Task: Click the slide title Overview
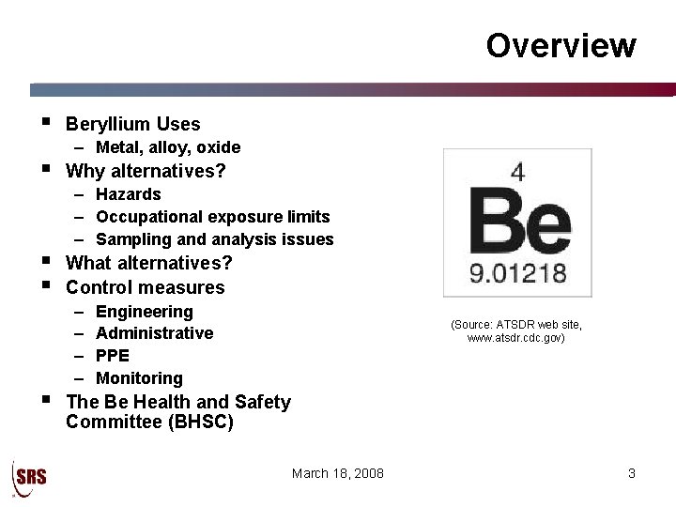coord(561,45)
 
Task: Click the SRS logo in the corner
coord(29,476)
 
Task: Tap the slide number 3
coord(632,473)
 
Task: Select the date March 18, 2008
coord(338,473)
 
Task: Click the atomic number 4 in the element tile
coord(516,172)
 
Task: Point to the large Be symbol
coord(519,221)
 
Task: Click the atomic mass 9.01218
coord(518,274)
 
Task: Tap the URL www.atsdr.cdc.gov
coord(516,338)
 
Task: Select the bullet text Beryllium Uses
coord(133,124)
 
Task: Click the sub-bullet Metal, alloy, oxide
coord(168,147)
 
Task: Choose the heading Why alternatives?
coord(146,171)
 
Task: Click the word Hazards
coord(129,194)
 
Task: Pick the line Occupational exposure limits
coord(213,217)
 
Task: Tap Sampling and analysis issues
coord(215,239)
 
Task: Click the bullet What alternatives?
coord(149,263)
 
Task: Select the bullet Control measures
coord(146,287)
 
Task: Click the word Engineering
coord(145,311)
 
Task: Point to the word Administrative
coord(155,333)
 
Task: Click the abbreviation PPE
coord(113,356)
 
